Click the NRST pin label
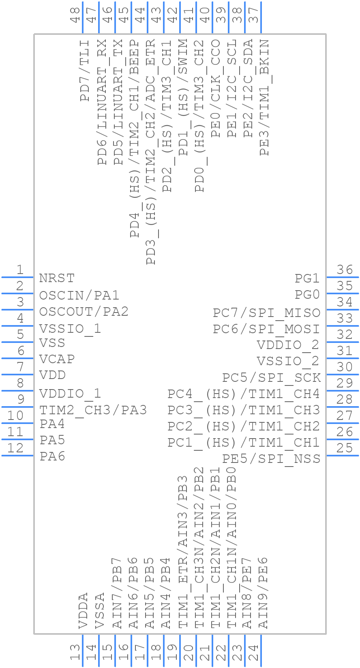coord(57,278)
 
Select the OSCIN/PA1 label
coord(79,295)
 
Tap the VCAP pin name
coord(57,359)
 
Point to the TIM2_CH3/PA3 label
coord(93,410)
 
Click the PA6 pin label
coord(52,456)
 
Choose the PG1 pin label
coord(307,278)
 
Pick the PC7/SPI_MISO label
coord(266,313)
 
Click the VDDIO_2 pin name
coord(288,345)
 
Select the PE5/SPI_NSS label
coord(271,458)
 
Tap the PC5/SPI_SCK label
coord(271,378)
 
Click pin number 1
coord(19,270)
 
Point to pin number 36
coord(345,270)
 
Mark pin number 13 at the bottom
coord(75,653)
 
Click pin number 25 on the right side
coord(345,448)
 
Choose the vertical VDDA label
coord(83,610)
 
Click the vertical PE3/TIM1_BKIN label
coord(264,97)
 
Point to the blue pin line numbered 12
coord(17,456)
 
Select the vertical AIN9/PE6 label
coord(264,593)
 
